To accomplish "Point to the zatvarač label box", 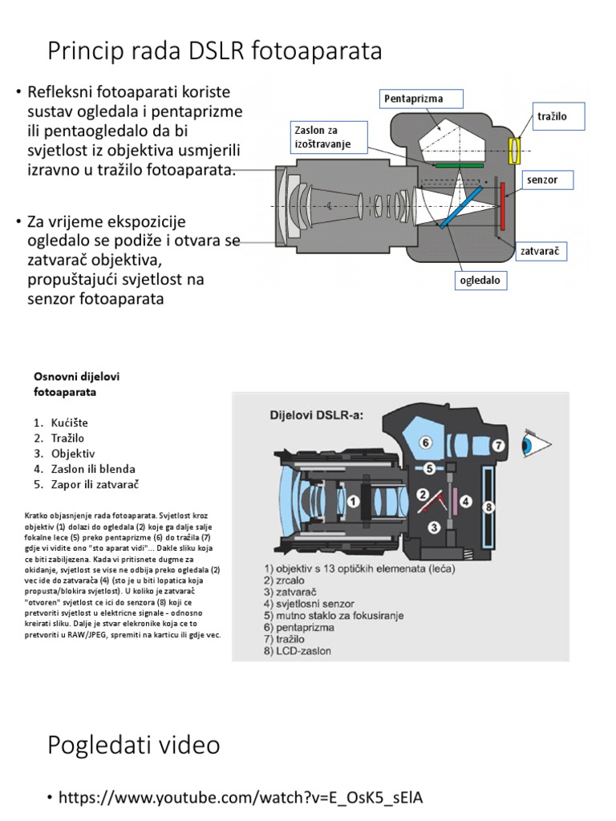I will point(539,251).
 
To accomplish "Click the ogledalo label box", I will point(480,281).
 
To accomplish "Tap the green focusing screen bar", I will point(460,164).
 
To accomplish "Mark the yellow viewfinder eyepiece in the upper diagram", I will point(516,148).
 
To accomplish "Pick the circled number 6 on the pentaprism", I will point(425,442).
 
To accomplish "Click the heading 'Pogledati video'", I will point(134,745).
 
